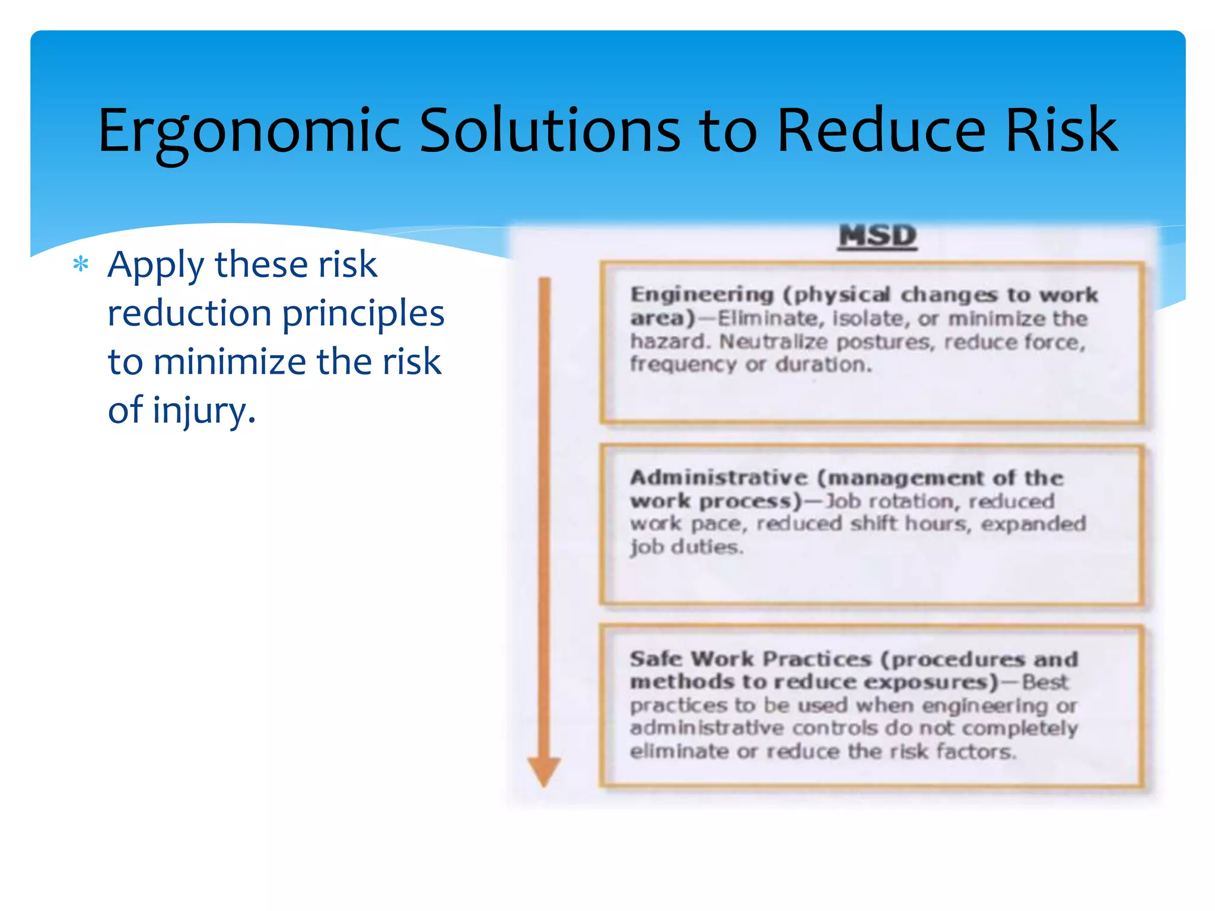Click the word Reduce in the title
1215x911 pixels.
[x=880, y=130]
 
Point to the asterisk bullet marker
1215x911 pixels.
[x=81, y=264]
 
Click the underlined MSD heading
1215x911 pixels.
[x=877, y=236]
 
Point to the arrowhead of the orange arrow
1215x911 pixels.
[x=543, y=772]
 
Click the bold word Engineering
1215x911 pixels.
[x=702, y=295]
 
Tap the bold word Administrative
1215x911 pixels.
[x=718, y=478]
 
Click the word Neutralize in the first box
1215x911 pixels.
[x=773, y=342]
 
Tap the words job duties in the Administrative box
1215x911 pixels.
[x=686, y=547]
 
